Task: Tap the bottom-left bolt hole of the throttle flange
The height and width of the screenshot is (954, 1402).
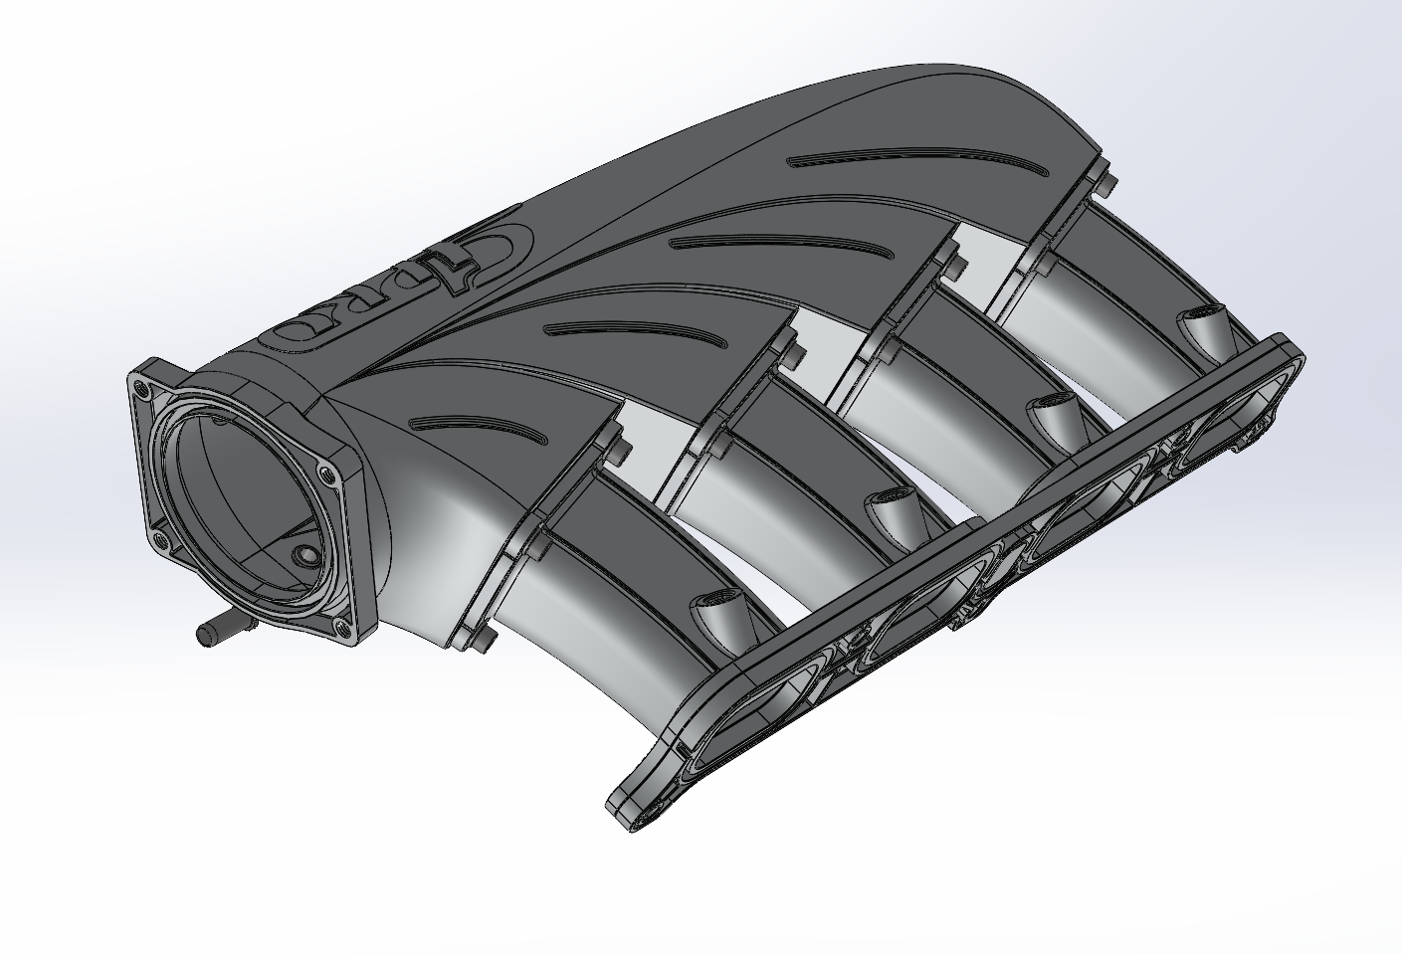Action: (x=159, y=542)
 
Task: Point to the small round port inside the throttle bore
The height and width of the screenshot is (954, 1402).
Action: (x=302, y=558)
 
